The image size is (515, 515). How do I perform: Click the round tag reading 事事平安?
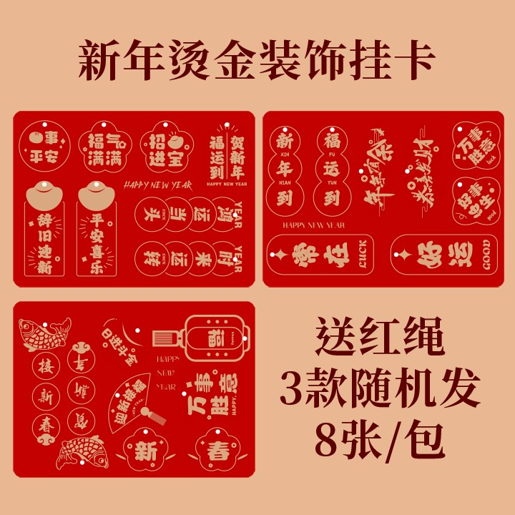41,144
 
